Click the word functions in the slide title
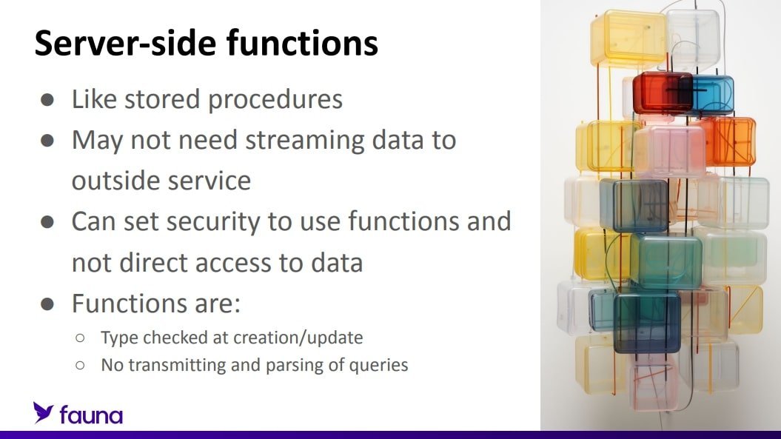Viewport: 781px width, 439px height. tap(302, 42)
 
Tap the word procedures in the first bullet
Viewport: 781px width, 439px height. tap(275, 100)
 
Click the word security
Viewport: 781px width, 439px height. tap(213, 222)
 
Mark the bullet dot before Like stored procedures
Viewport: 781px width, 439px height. tap(47, 100)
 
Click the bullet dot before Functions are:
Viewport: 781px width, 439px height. tap(47, 304)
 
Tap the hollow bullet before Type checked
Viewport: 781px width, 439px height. tap(80, 338)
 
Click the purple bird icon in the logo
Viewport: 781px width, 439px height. tap(44, 412)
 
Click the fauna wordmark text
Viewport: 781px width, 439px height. tap(91, 415)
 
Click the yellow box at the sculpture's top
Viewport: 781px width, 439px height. tap(629, 39)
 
